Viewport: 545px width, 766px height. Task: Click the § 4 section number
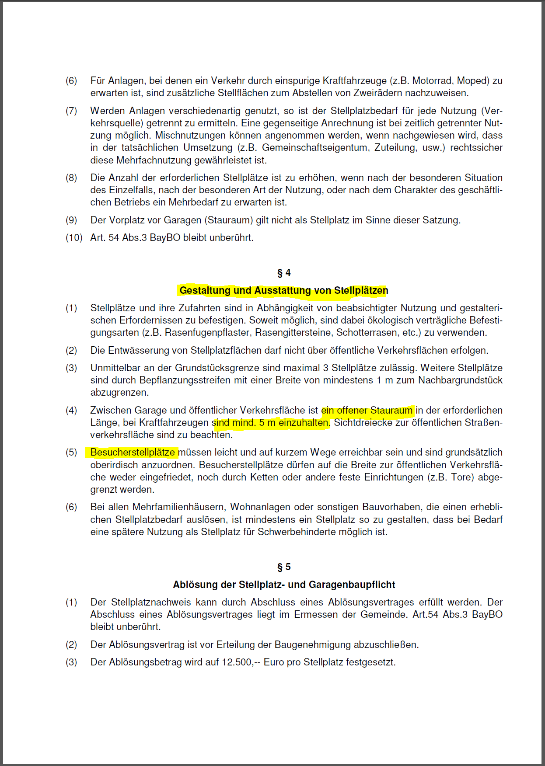[284, 273]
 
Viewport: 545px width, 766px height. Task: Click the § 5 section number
[284, 567]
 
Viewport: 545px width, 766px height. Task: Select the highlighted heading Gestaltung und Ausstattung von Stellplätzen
[283, 290]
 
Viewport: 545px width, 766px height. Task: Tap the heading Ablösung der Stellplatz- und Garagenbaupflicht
[284, 585]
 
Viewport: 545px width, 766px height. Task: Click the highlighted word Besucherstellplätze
[133, 452]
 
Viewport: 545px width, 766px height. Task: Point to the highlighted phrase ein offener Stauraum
[367, 410]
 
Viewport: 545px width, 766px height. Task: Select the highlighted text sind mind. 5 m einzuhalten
[270, 422]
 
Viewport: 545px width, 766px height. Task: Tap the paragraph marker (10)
[74, 237]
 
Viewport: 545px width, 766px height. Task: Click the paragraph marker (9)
[71, 220]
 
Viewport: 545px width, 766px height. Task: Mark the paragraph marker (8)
[71, 178]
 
